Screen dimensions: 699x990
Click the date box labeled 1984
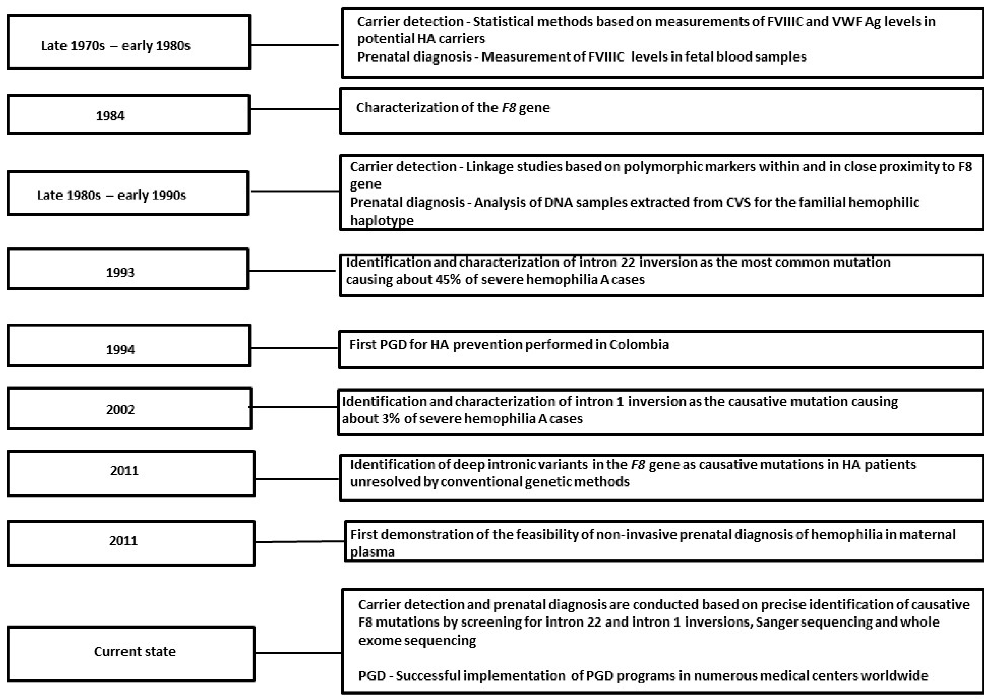pyautogui.click(x=110, y=116)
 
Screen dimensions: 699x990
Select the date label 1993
pyautogui.click(x=120, y=272)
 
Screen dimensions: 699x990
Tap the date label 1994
pyautogui.click(x=120, y=349)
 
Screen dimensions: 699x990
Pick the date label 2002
pyautogui.click(x=120, y=409)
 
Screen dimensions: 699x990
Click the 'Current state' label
pyautogui.click(x=135, y=651)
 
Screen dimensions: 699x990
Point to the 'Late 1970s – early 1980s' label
pyautogui.click(x=115, y=46)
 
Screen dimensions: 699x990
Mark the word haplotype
pyautogui.click(x=381, y=220)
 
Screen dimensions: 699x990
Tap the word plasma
pyautogui.click(x=372, y=552)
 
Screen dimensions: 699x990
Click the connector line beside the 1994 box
pyautogui.click(x=295, y=347)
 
